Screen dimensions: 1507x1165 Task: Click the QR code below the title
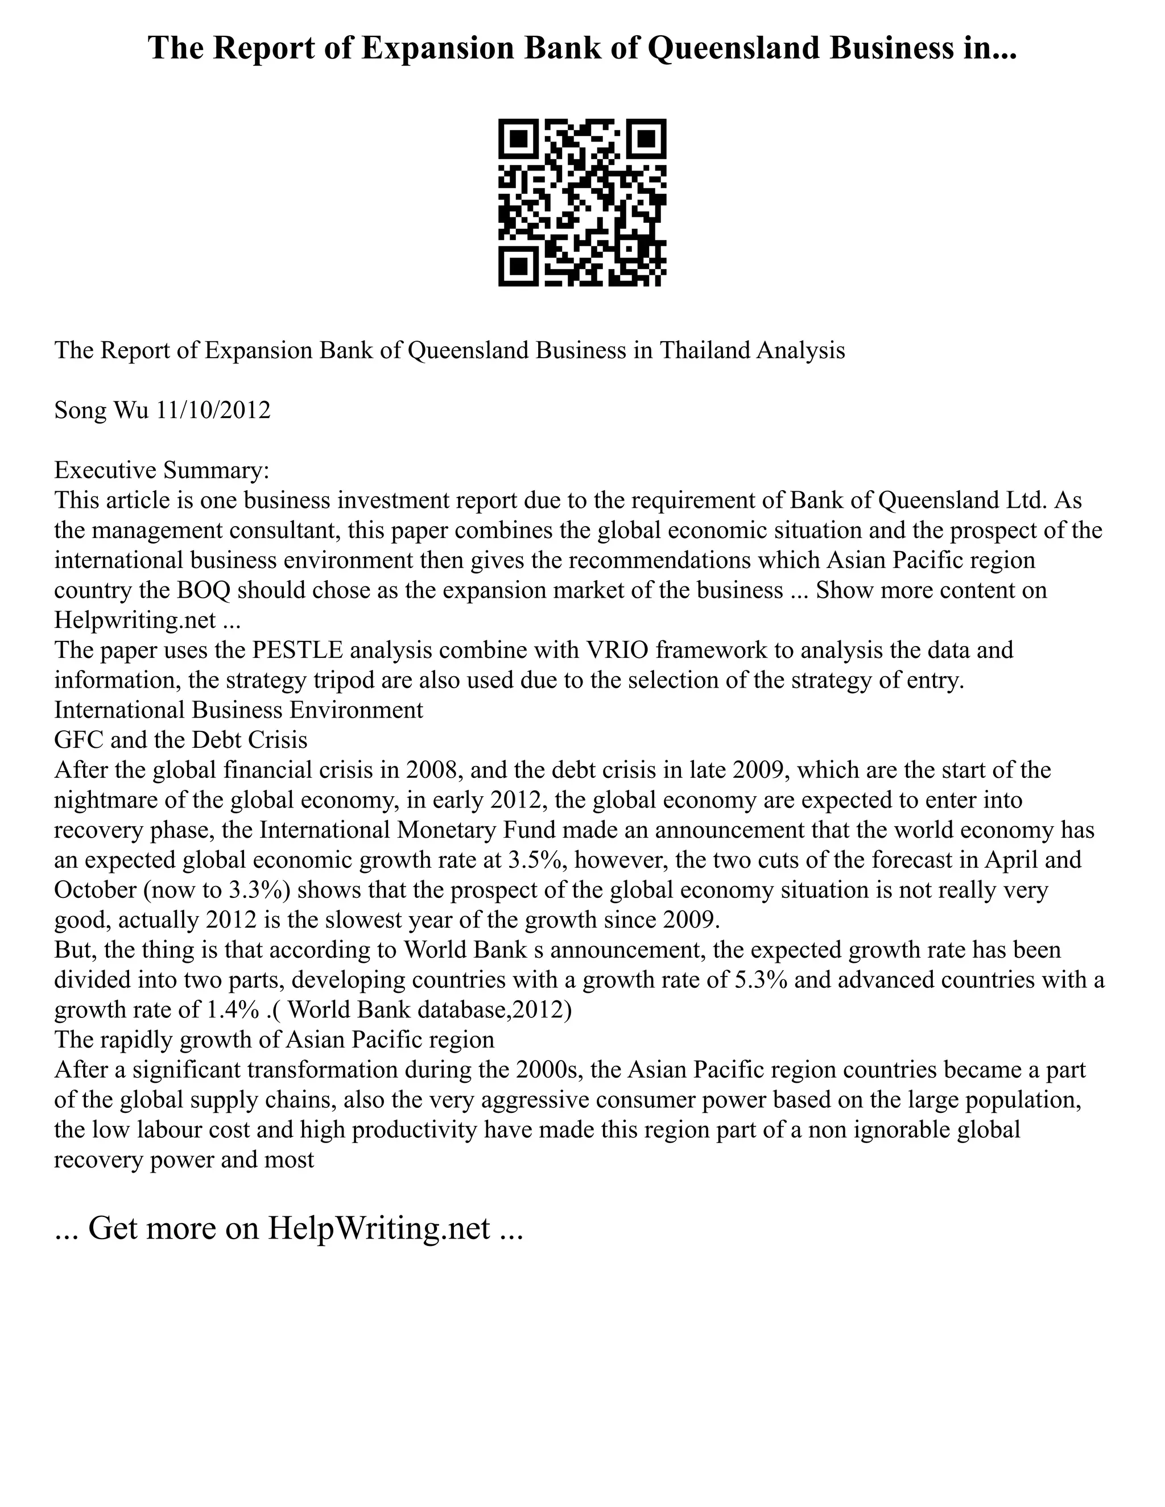pyautogui.click(x=582, y=202)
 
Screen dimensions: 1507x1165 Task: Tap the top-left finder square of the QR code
pyautogui.click(x=518, y=139)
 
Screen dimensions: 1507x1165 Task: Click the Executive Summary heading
pyautogui.click(x=162, y=471)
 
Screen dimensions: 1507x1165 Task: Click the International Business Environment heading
pyautogui.click(x=239, y=710)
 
